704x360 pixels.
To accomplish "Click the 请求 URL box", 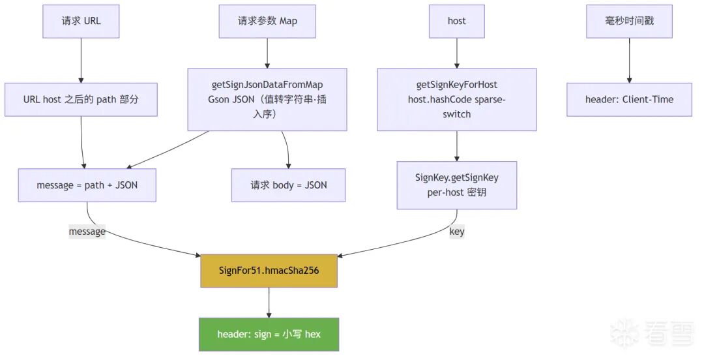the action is (81, 21).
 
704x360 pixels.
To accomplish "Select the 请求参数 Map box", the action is (267, 21).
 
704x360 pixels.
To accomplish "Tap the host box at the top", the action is (456, 21).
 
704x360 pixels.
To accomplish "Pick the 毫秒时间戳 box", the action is (629, 21).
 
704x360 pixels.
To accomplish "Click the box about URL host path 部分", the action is (81, 99).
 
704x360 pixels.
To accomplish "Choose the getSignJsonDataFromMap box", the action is (267, 99).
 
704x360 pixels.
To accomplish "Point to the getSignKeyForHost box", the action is (456, 99).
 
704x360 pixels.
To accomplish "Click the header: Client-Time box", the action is (629, 99).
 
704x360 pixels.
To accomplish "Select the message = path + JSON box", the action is (87, 185).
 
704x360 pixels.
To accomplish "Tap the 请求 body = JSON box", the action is (288, 185).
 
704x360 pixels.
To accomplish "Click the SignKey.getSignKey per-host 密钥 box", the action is (456, 185).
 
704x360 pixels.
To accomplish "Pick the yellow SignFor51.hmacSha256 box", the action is (269, 271).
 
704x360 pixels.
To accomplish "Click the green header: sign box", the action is (269, 335).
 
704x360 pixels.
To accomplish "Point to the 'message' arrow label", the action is (87, 232).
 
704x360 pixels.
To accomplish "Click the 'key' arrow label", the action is (456, 232).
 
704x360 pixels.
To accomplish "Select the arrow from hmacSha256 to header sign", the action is (269, 303).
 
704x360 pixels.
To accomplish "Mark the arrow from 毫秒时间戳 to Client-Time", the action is (629, 60).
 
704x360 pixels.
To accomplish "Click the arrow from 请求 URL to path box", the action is (81, 60).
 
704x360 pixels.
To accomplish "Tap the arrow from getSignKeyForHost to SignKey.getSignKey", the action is (456, 146).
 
